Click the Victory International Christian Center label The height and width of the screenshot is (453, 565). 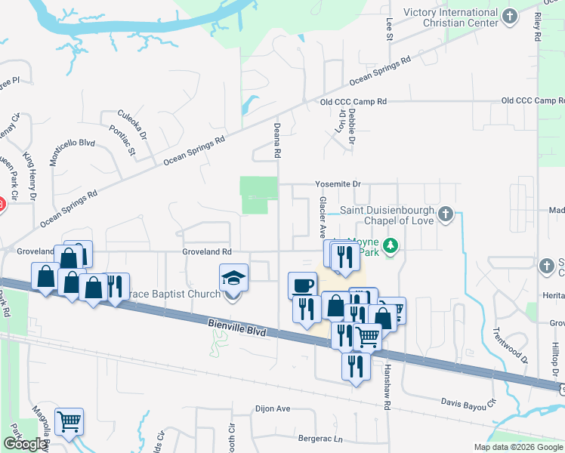point(452,17)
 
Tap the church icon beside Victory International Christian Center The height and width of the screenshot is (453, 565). point(511,16)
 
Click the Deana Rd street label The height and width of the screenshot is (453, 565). point(277,140)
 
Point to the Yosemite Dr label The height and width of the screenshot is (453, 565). point(338,183)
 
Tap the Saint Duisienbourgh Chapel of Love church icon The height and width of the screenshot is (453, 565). point(446,214)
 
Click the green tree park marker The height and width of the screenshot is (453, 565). point(391,245)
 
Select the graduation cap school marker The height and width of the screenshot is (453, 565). point(233,278)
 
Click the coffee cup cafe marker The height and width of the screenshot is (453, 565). point(302,285)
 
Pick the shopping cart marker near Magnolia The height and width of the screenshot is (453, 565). point(69,421)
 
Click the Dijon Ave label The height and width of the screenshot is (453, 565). point(273,408)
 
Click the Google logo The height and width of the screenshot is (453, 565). point(26,444)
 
